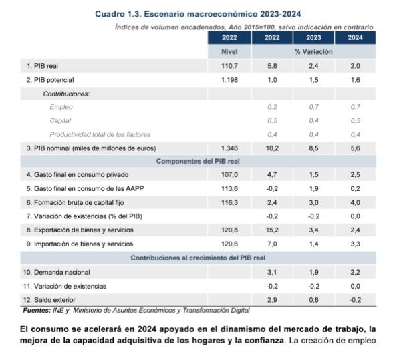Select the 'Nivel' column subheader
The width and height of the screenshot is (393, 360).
(x=229, y=51)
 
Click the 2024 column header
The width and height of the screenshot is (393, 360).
(x=355, y=38)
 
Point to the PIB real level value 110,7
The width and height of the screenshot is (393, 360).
(x=229, y=67)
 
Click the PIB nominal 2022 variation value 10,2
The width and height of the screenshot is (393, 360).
(x=272, y=148)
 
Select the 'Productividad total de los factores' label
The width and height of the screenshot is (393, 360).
(x=100, y=134)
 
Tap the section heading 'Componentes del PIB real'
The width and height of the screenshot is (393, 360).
(x=197, y=162)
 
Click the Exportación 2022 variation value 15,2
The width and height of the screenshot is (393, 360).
(x=272, y=230)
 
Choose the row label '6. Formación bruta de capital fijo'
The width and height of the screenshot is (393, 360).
(x=81, y=202)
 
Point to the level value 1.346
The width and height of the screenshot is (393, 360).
(x=229, y=148)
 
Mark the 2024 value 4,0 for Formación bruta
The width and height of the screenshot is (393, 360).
(x=355, y=202)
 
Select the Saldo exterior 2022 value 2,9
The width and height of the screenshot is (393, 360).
(x=272, y=299)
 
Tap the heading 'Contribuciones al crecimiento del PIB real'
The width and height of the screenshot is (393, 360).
(x=198, y=258)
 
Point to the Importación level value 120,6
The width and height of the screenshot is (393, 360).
(x=229, y=244)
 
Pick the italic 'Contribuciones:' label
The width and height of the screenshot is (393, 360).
(x=65, y=94)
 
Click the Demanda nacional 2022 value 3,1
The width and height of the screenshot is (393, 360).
(x=272, y=272)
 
